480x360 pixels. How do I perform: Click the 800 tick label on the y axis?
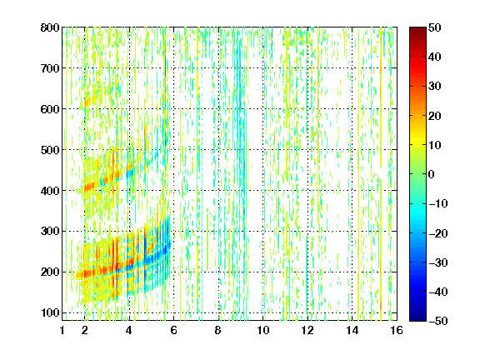pyautogui.click(x=50, y=27)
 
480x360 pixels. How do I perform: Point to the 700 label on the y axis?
pyautogui.click(x=50, y=68)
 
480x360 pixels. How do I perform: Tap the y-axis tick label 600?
pyautogui.click(x=50, y=109)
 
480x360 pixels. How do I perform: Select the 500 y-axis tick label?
pyautogui.click(x=50, y=150)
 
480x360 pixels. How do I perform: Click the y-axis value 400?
pyautogui.click(x=50, y=191)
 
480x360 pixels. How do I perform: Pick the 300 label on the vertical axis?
pyautogui.click(x=50, y=232)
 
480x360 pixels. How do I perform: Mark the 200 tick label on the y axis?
pyautogui.click(x=50, y=272)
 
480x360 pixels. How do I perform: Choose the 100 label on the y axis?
pyautogui.click(x=50, y=312)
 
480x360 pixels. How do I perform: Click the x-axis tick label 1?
pyautogui.click(x=62, y=330)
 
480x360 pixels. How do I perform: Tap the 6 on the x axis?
pyautogui.click(x=174, y=330)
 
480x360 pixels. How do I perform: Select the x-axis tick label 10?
pyautogui.click(x=263, y=330)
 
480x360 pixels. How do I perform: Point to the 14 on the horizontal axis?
pyautogui.click(x=352, y=330)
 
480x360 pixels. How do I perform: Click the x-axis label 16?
pyautogui.click(x=397, y=330)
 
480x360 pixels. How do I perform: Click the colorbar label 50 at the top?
pyautogui.click(x=435, y=27)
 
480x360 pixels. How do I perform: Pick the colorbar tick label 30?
pyautogui.click(x=435, y=87)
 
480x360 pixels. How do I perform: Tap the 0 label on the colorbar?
pyautogui.click(x=432, y=174)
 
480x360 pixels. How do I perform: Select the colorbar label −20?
pyautogui.click(x=438, y=233)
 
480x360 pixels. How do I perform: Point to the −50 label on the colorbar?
pyautogui.click(x=438, y=321)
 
